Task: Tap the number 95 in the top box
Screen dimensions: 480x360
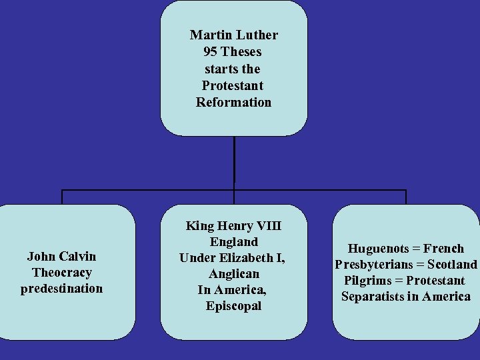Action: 211,51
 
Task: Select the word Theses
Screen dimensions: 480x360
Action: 241,51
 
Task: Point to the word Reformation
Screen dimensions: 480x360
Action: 233,102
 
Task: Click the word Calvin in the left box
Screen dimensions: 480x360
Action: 78,256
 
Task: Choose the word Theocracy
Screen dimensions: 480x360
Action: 61,272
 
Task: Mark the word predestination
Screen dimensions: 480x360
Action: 61,289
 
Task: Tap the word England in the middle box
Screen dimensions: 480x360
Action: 233,242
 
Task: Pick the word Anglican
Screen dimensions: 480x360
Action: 233,274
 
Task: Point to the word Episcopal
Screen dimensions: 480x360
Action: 233,306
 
